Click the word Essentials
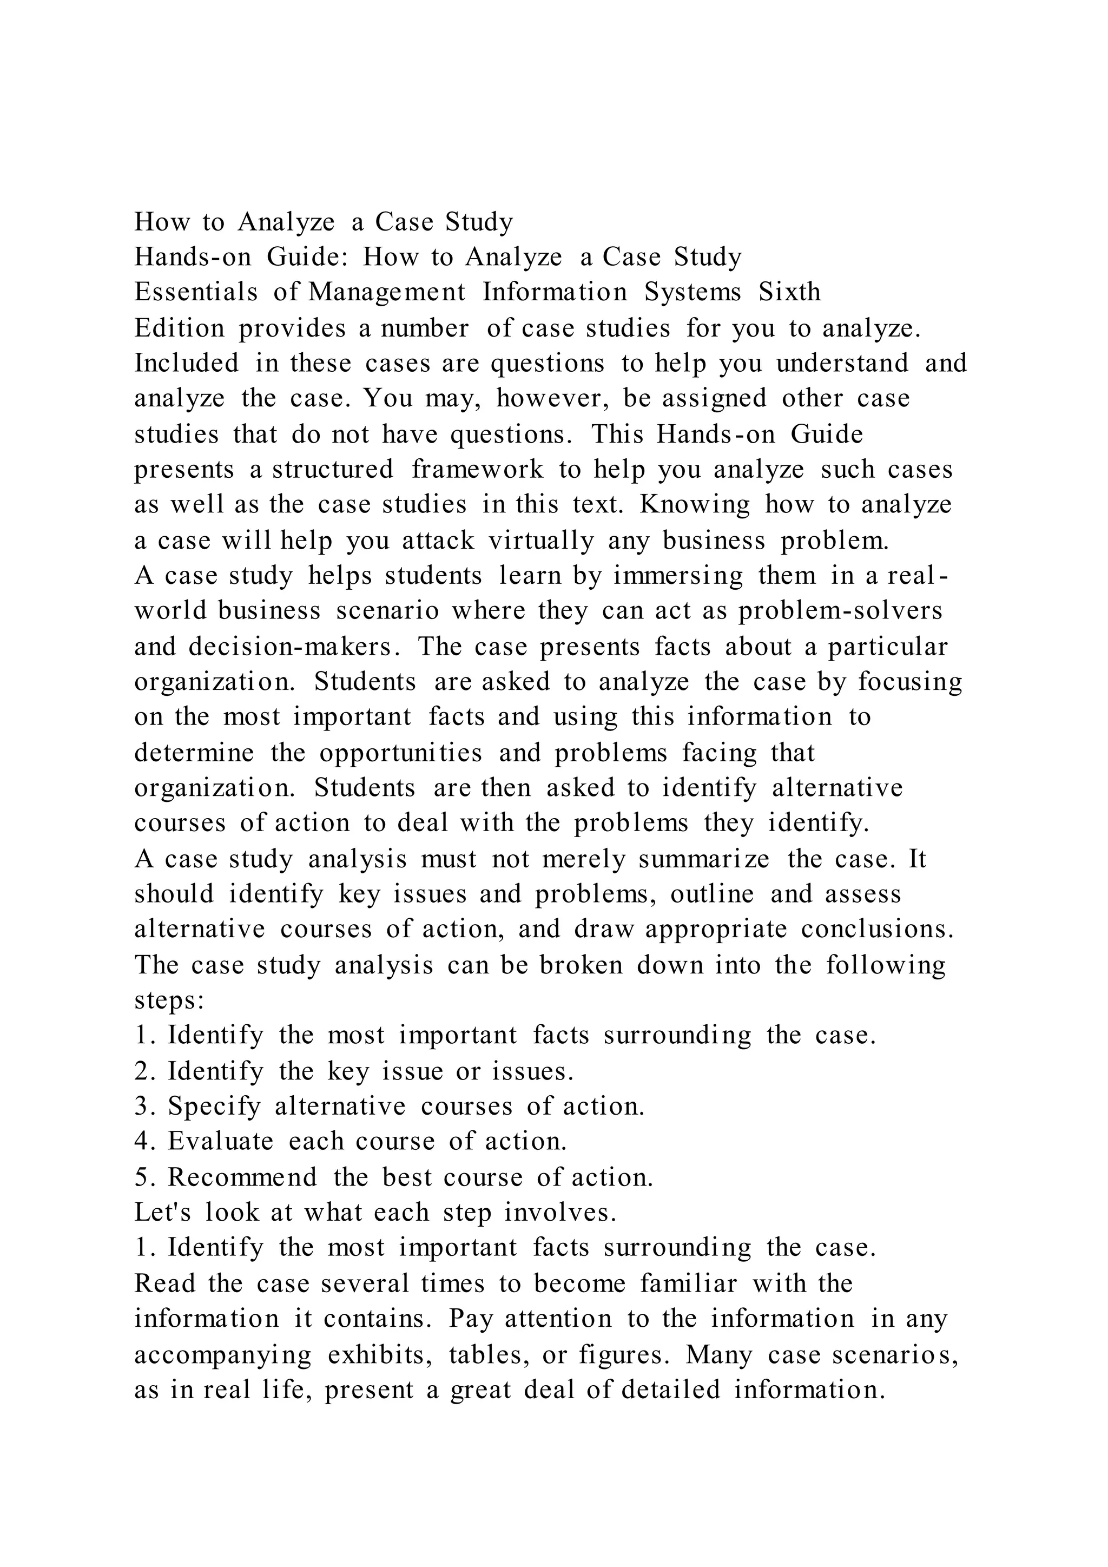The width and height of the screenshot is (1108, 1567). tap(196, 292)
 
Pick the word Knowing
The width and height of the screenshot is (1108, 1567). tap(695, 504)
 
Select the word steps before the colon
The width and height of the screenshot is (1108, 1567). tap(165, 1001)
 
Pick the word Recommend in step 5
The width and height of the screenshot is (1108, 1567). tap(243, 1177)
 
